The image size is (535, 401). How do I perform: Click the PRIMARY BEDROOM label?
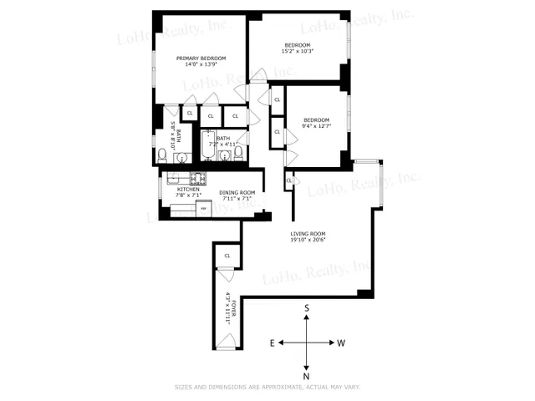201,58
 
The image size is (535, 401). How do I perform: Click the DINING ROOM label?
237,193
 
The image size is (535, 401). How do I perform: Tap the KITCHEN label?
188,190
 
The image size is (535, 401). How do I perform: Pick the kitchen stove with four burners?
199,177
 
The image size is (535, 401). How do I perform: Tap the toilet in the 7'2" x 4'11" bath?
238,153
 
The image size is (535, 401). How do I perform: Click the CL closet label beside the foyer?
227,255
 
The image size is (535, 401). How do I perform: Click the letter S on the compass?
308,307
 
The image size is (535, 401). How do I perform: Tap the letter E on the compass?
273,343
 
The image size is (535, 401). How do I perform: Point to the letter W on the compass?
342,343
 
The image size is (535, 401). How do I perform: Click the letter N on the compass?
308,376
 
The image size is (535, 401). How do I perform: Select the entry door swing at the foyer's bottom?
227,341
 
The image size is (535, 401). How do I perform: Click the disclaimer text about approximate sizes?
267,387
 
